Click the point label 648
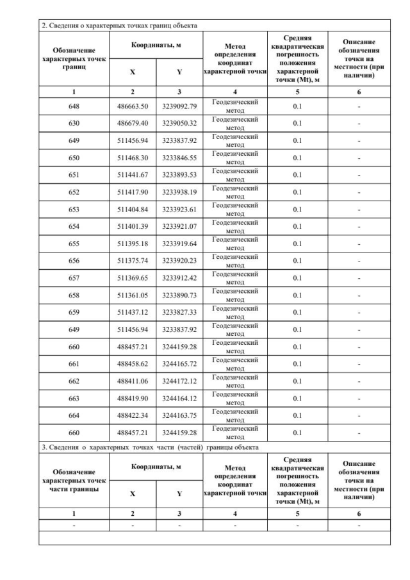(74, 106)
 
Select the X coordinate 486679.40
(133, 123)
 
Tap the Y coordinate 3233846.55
(179, 158)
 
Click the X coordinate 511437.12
(133, 312)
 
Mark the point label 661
(74, 364)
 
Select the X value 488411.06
(133, 381)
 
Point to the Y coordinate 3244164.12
(179, 399)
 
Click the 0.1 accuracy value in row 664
(297, 415)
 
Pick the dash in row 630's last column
(359, 123)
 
